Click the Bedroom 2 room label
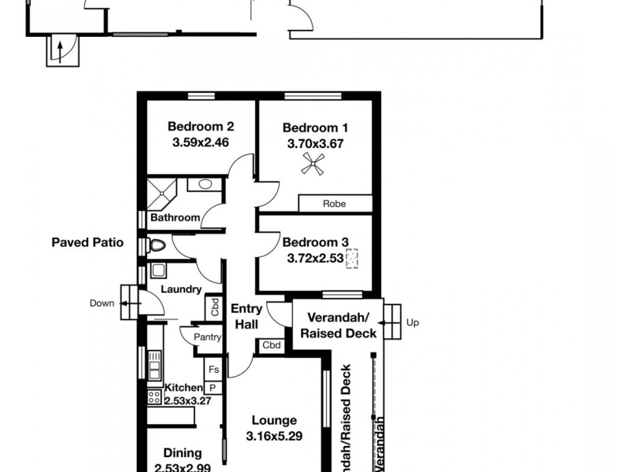pyautogui.click(x=201, y=126)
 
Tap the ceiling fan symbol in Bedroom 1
pyautogui.click(x=315, y=164)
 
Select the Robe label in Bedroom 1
pyautogui.click(x=334, y=204)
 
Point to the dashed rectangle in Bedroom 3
pyautogui.click(x=352, y=257)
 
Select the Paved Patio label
pyautogui.click(x=87, y=243)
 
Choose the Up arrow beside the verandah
pyautogui.click(x=389, y=323)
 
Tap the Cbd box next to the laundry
pyautogui.click(x=213, y=308)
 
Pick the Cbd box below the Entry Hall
pyautogui.click(x=271, y=345)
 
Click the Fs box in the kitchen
pyautogui.click(x=213, y=369)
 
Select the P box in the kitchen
pyautogui.click(x=213, y=387)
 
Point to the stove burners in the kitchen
pyautogui.click(x=154, y=398)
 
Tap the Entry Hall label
pyautogui.click(x=247, y=316)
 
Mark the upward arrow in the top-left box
pyautogui.click(x=59, y=53)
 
